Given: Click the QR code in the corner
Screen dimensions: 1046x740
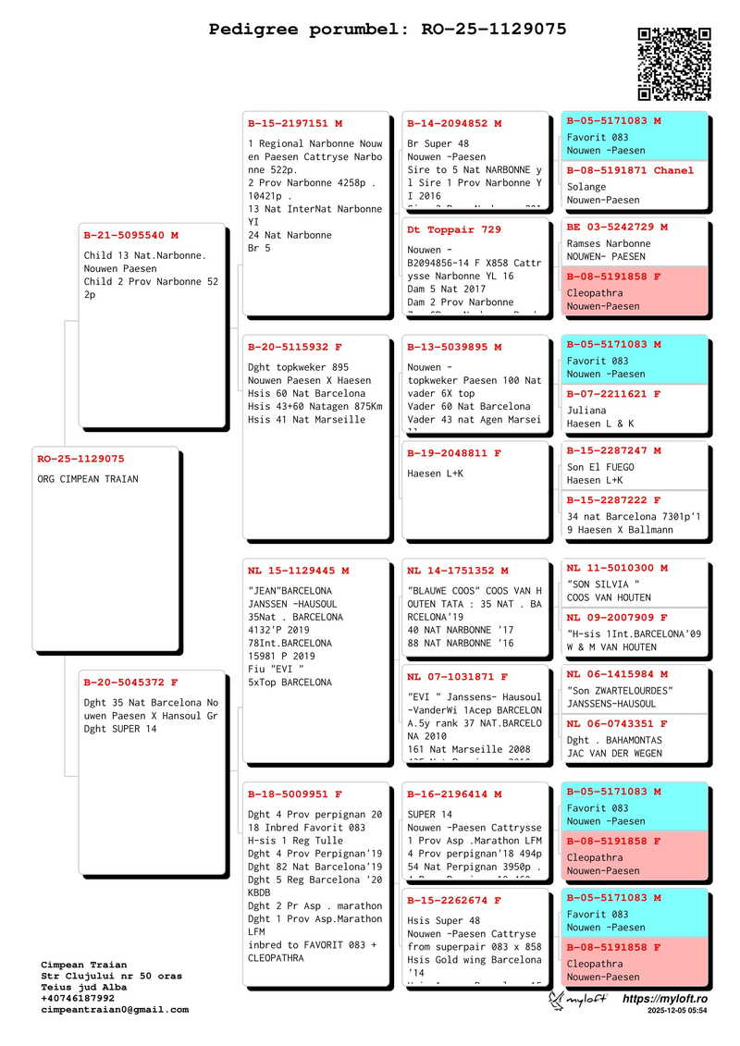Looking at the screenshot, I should pyautogui.click(x=674, y=63).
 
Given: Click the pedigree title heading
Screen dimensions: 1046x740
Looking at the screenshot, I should pyautogui.click(x=388, y=30).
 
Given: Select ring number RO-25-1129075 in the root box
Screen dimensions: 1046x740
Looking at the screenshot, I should pyautogui.click(x=80, y=459).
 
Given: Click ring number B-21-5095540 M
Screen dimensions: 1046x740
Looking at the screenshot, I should pyautogui.click(x=130, y=235).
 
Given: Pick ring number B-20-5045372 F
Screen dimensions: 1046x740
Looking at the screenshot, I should pyautogui.click(x=130, y=683).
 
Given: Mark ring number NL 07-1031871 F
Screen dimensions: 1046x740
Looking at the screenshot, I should pyautogui.click(x=458, y=677).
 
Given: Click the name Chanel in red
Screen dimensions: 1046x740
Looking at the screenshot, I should pyautogui.click(x=673, y=170).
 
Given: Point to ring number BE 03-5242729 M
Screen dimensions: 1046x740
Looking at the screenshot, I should pyautogui.click(x=617, y=227).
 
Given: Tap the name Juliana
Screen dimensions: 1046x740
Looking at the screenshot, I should pyautogui.click(x=586, y=411).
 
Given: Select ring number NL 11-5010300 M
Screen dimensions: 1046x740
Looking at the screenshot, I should pyautogui.click(x=617, y=568).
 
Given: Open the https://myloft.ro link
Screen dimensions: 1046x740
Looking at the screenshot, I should pyautogui.click(x=665, y=1000).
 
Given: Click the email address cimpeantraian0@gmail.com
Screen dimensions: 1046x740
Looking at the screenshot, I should pyautogui.click(x=115, y=1010).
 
